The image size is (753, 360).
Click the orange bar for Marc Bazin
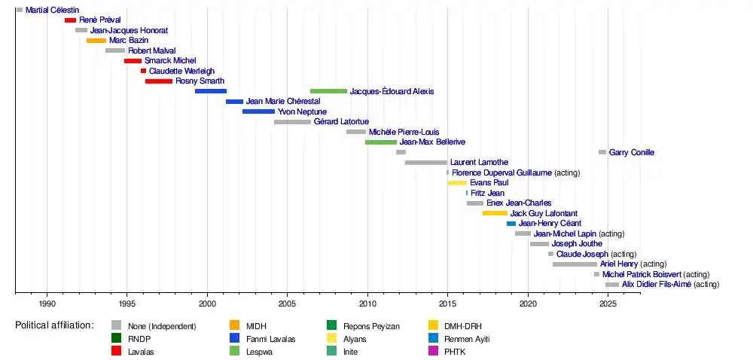96,41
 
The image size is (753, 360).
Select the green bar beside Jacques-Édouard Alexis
328,91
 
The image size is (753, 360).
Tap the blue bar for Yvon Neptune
258,111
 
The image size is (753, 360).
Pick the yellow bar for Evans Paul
457,183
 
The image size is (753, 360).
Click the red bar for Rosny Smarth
159,81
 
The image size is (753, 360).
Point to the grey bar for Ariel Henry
575,264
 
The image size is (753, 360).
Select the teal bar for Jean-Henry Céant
511,224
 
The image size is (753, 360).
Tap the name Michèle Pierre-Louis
404,132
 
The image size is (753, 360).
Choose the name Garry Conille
631,152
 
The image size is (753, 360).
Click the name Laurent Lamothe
479,163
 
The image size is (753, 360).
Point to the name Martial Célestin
52,10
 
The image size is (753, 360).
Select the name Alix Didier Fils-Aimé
656,285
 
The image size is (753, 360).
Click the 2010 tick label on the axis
367,304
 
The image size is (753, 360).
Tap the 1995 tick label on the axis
127,304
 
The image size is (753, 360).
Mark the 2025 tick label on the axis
608,304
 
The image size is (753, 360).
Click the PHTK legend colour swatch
433,352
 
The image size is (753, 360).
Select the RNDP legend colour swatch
117,339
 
